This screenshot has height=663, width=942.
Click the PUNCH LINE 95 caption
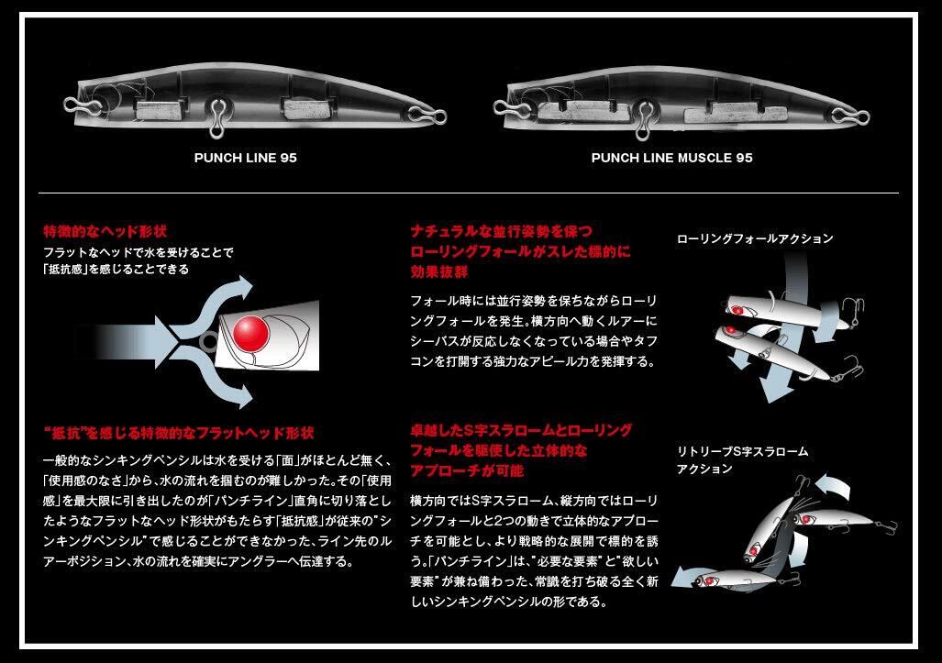click(x=245, y=158)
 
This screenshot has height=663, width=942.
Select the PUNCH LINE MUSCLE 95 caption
click(x=671, y=158)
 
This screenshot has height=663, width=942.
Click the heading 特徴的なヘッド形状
click(x=105, y=231)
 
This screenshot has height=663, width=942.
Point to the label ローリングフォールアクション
click(x=754, y=238)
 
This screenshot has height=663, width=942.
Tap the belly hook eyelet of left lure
click(x=218, y=114)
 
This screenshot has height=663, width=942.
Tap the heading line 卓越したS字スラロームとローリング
click(x=522, y=430)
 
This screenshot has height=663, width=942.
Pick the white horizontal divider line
click(x=470, y=193)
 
